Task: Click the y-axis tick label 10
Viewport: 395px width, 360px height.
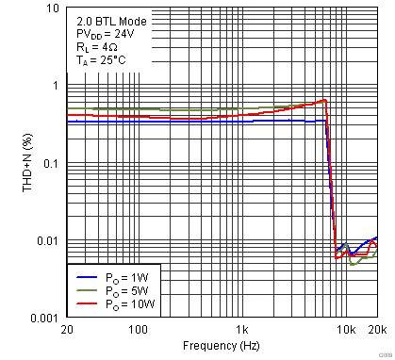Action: click(53, 8)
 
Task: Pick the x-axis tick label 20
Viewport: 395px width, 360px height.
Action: click(66, 330)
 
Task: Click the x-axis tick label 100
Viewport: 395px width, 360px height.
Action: click(138, 330)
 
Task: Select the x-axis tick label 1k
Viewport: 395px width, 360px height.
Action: click(242, 330)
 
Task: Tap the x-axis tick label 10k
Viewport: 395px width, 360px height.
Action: click(346, 330)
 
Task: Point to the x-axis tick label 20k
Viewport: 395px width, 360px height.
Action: click(377, 330)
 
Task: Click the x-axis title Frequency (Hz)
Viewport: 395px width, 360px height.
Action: click(222, 347)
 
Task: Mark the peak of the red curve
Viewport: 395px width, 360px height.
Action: click(324, 100)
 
